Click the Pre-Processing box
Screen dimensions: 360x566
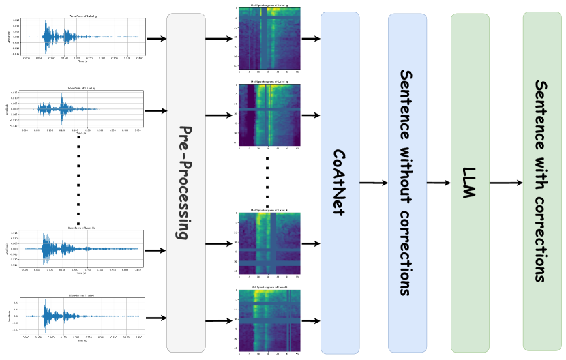pos(185,183)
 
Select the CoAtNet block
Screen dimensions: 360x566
pos(340,183)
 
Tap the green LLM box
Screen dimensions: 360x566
pos(470,183)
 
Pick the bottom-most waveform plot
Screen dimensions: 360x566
pos(77,318)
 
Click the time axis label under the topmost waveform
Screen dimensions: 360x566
pos(82,62)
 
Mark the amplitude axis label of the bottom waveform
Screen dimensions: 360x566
pos(10,316)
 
